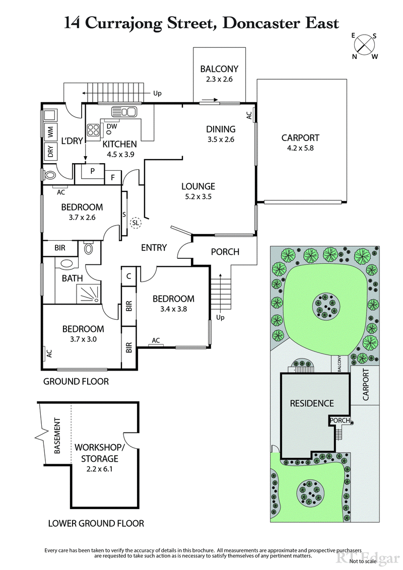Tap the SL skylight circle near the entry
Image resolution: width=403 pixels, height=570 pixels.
[136, 223]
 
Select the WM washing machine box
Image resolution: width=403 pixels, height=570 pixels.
[50, 133]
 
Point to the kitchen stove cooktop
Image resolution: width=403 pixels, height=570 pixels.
[94, 130]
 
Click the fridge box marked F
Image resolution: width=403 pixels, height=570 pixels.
[112, 177]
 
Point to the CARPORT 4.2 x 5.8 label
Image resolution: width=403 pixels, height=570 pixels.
[300, 142]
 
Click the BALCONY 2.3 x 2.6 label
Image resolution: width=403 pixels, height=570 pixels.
[219, 74]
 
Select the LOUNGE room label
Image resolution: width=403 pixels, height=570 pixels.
[198, 191]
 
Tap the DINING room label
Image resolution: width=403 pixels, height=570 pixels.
[221, 134]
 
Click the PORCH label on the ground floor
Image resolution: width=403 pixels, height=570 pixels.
[225, 252]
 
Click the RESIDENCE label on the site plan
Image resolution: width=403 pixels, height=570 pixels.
[311, 403]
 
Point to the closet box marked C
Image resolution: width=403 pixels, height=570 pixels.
[129, 276]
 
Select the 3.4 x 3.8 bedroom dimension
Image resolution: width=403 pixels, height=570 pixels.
[173, 309]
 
